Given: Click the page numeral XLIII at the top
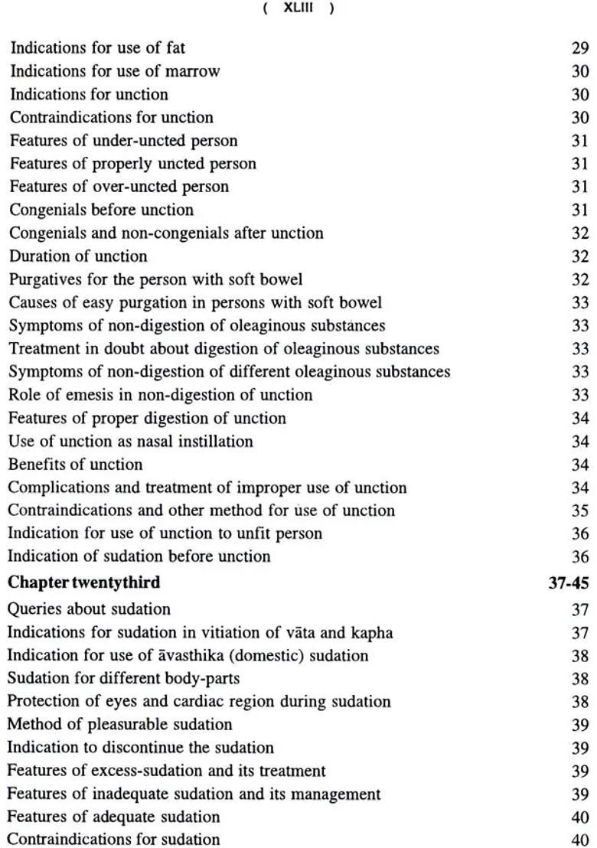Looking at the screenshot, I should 298,8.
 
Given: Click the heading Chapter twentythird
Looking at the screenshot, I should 84,582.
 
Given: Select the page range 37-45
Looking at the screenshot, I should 569,583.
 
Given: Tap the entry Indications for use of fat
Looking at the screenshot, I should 97,48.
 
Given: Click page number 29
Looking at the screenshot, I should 580,48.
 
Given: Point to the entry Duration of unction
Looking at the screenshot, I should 78,256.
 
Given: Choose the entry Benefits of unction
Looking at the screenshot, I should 76,465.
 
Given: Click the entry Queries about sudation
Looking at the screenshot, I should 90,609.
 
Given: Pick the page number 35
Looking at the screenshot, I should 580,510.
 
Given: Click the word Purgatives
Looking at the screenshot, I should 45,279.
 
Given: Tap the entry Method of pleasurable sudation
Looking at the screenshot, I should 120,725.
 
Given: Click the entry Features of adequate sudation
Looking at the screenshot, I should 114,817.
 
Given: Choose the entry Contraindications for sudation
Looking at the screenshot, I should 114,840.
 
